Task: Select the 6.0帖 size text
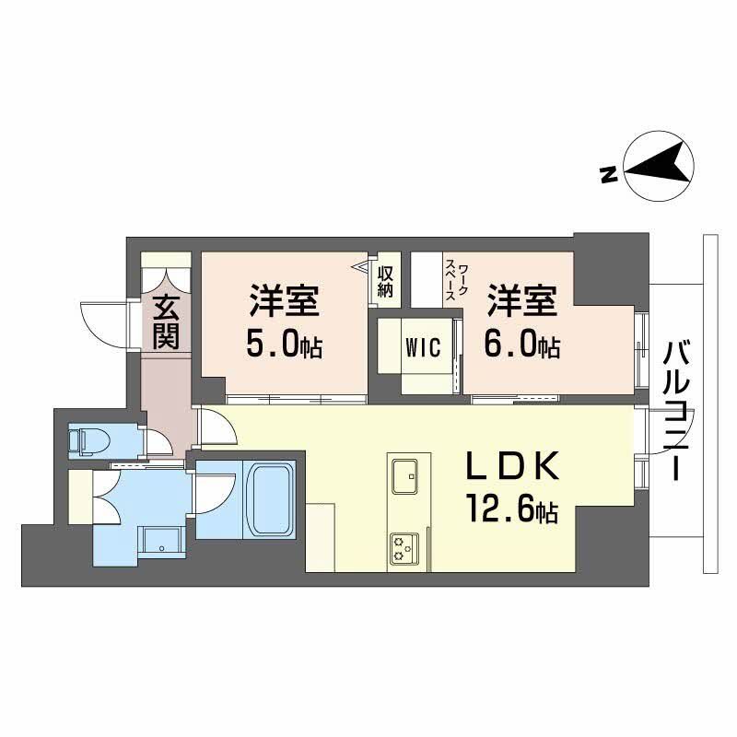tap(522, 345)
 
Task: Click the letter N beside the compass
tap(608, 174)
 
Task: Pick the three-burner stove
tap(404, 547)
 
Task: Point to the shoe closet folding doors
tap(167, 277)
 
